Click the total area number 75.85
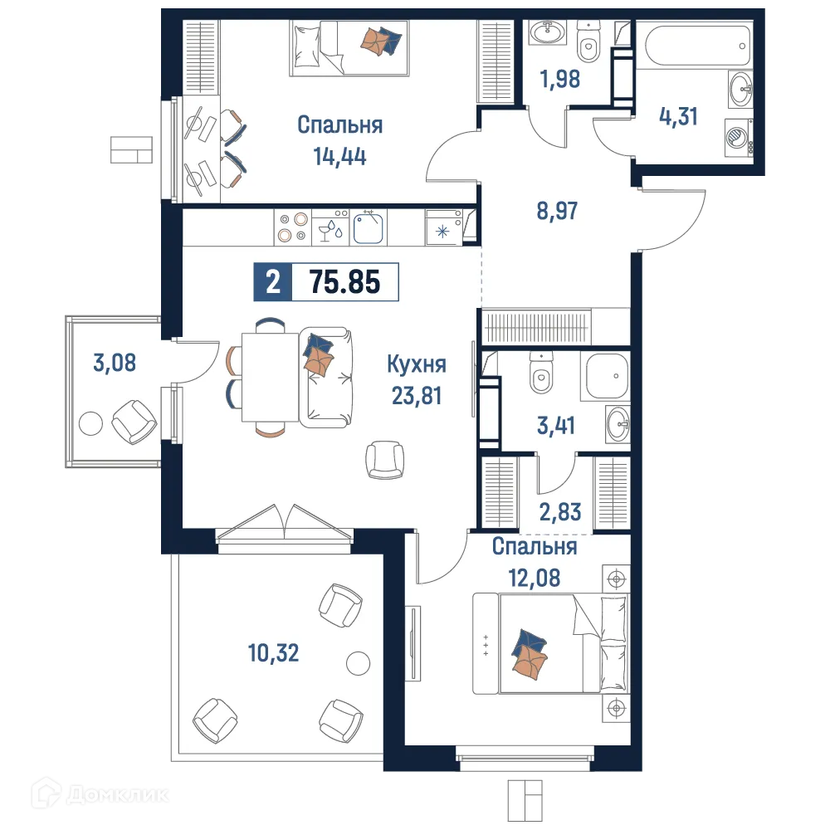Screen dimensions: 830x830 point(344,282)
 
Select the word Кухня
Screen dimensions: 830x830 point(417,364)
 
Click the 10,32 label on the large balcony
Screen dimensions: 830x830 point(273,653)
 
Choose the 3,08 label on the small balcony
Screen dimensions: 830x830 point(115,363)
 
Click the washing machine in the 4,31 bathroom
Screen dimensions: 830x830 point(735,135)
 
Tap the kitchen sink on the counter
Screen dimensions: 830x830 point(369,226)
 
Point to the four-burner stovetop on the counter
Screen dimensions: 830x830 point(291,226)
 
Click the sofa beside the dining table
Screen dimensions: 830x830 point(326,377)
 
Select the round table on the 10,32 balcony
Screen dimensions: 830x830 point(358,663)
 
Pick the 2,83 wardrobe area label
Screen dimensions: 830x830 point(559,510)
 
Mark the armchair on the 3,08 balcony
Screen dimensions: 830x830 point(134,421)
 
